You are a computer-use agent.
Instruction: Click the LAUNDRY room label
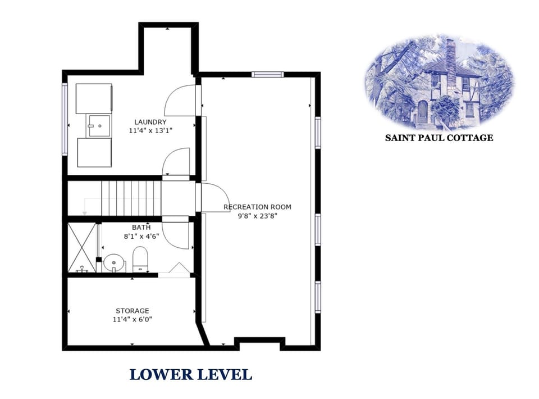[x=150, y=122]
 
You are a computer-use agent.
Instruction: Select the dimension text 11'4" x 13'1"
[x=150, y=130]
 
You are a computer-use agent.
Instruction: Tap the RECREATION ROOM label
[x=257, y=207]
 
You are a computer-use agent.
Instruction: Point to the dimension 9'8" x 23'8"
[x=257, y=215]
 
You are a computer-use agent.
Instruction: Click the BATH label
[x=141, y=228]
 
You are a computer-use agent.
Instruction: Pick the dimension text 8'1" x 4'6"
[x=141, y=236]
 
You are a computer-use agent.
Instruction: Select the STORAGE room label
[x=133, y=311]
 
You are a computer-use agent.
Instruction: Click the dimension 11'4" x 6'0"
[x=133, y=319]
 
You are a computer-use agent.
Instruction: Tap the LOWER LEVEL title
[x=191, y=374]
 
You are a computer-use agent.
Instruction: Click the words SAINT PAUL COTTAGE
[x=438, y=138]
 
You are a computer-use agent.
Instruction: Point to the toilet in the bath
[x=140, y=260]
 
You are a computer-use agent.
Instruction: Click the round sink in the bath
[x=113, y=262]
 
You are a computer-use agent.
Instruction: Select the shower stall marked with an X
[x=82, y=248]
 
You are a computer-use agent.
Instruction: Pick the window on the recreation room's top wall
[x=267, y=74]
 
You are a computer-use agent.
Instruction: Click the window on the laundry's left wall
[x=65, y=119]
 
